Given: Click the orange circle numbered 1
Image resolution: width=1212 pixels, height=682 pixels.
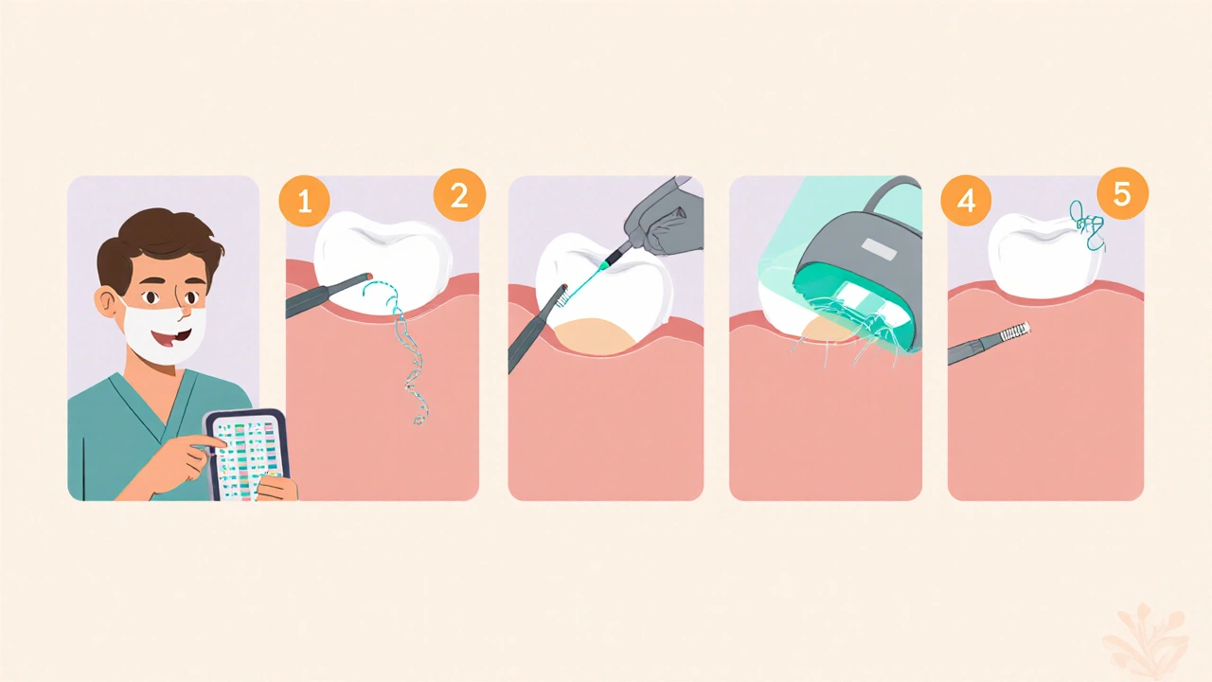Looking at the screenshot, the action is point(305,201).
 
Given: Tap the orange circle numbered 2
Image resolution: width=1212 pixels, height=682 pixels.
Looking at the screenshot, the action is point(459,195).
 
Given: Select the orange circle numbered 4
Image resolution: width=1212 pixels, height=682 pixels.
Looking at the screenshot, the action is point(966,201).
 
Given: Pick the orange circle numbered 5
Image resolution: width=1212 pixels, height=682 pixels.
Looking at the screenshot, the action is point(1122,193).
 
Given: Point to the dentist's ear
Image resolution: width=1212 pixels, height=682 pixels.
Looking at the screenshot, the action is point(107,302).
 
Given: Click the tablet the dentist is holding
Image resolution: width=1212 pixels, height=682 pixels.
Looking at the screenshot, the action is point(249,454).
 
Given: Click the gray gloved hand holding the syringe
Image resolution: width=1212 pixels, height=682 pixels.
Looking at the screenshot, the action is point(663,217).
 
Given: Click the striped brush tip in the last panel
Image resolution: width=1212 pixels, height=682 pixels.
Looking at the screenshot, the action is point(1014,332).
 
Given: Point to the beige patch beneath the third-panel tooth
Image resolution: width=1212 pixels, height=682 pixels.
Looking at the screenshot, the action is point(596,335).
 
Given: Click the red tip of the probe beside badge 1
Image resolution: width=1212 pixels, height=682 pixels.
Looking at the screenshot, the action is point(369,277).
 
